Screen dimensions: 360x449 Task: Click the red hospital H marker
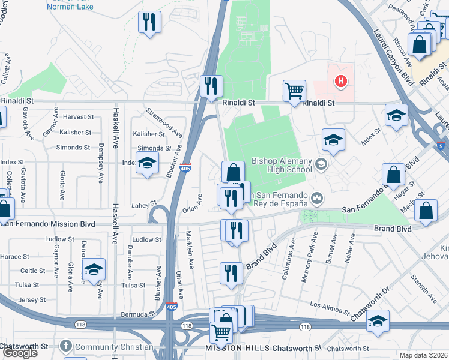341,81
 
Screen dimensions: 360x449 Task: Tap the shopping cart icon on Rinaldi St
294,91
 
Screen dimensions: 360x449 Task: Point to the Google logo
20,353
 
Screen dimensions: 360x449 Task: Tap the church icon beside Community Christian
66,347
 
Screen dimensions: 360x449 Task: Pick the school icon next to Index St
147,163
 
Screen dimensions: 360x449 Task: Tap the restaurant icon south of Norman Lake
149,23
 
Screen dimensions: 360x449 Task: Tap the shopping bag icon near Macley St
426,211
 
